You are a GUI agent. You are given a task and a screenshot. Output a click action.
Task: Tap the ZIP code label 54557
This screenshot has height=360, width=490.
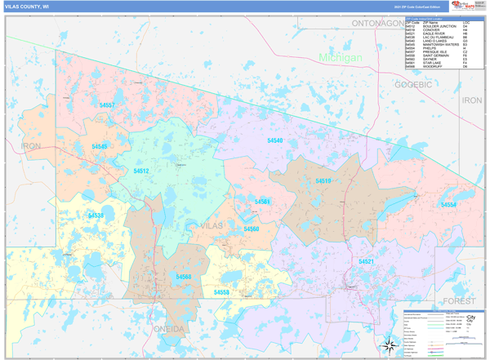[x=107, y=105]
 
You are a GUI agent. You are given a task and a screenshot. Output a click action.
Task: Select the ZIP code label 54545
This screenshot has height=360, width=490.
[x=99, y=146]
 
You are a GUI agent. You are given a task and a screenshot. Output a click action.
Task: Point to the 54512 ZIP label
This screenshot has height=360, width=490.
[x=141, y=171]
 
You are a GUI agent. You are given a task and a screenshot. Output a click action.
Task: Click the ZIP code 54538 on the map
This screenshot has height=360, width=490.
[x=96, y=215]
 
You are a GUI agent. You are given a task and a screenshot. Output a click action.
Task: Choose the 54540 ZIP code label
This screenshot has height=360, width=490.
[x=275, y=140]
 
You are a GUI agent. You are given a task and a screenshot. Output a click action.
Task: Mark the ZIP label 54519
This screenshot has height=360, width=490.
[x=323, y=180]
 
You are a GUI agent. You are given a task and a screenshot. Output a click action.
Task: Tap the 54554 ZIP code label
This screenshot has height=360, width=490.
[x=448, y=205]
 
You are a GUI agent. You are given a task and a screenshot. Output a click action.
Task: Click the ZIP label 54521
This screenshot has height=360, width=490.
[x=366, y=261]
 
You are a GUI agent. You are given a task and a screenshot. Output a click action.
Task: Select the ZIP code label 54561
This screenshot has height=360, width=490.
[x=262, y=201]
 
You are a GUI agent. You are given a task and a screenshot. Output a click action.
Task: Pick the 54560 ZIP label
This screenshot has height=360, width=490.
[x=251, y=229]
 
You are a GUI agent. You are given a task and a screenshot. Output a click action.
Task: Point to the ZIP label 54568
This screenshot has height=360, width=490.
[x=184, y=277]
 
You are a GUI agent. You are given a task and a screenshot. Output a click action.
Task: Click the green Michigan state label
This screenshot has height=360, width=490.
[x=341, y=58]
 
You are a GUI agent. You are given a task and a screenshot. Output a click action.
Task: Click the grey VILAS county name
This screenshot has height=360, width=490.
[x=211, y=224]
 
